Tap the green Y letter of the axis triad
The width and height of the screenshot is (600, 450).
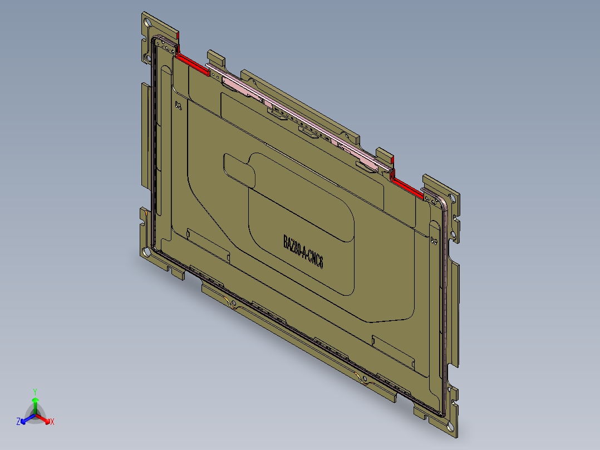pyautogui.click(x=35, y=391)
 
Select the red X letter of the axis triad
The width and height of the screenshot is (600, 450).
pyautogui.click(x=52, y=422)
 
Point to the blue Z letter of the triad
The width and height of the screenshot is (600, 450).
pyautogui.click(x=18, y=422)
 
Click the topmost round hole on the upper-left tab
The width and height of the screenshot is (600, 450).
pyautogui.click(x=147, y=23)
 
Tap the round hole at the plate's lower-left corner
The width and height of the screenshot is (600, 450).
pyautogui.click(x=146, y=252)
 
